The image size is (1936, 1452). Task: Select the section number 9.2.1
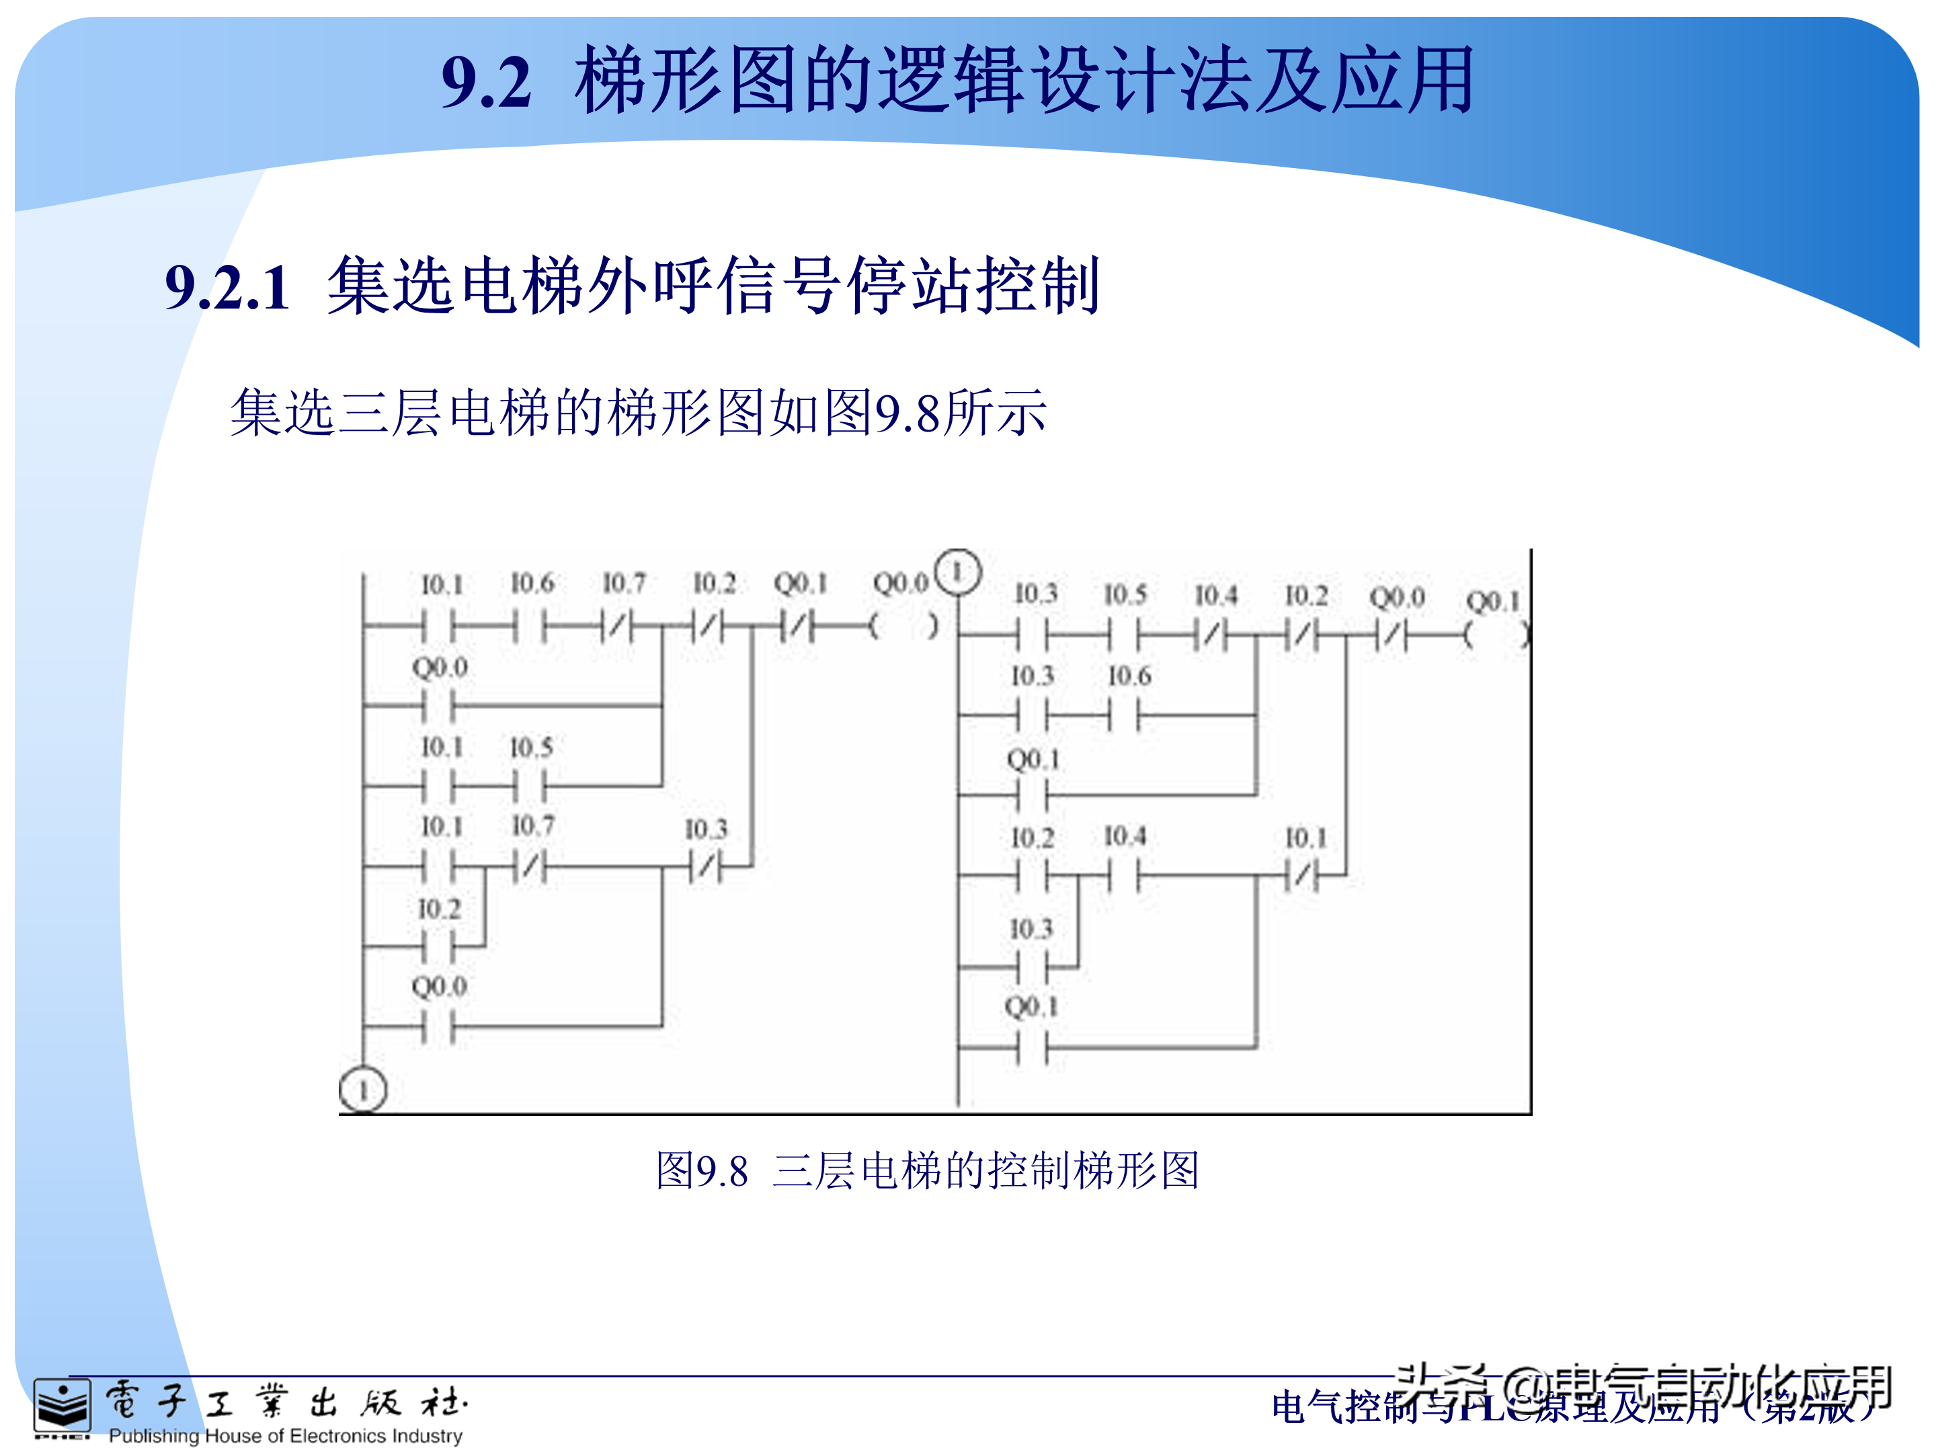(228, 287)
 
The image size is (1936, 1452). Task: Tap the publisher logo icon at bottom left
(61, 1406)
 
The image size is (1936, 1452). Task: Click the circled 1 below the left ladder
(362, 1090)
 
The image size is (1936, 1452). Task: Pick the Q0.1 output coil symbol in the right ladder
(1496, 635)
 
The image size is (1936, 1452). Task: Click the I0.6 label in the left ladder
(532, 583)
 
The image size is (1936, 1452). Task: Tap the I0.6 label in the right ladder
(1129, 676)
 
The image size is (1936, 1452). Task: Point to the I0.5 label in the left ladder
(531, 748)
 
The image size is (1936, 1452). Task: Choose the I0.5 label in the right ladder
(1125, 595)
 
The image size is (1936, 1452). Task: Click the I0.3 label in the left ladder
(705, 829)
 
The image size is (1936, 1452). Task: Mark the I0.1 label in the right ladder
(1306, 838)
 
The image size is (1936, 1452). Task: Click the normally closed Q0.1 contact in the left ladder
(797, 626)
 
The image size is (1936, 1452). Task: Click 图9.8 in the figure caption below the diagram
(702, 1171)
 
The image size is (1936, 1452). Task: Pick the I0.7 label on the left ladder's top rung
(624, 583)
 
